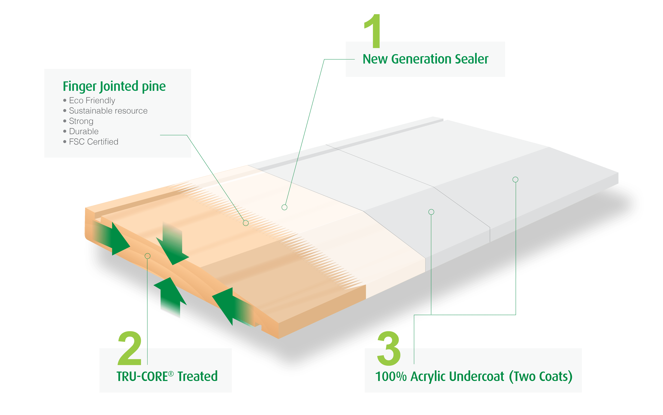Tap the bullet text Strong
pos(81,121)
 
